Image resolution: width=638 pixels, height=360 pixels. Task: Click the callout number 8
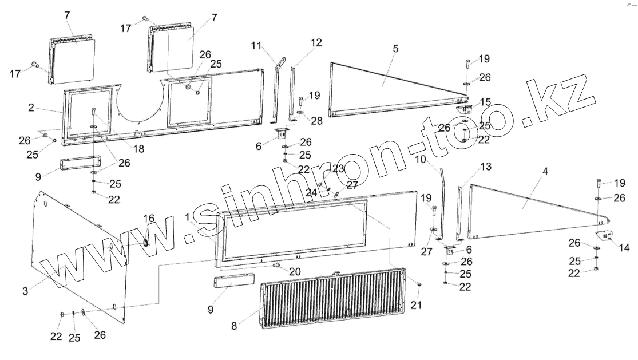tap(233, 326)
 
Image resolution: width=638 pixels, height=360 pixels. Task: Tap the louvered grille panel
tap(332, 298)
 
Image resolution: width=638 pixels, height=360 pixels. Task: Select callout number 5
tap(395, 49)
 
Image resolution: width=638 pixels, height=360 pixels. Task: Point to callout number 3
tap(25, 291)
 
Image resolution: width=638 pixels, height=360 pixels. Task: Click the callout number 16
tap(149, 218)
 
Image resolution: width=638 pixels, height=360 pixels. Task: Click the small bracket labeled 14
tap(604, 236)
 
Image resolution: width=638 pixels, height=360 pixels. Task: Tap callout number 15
tap(485, 102)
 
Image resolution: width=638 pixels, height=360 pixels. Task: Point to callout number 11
tap(256, 45)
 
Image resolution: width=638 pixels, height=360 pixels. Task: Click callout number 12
tap(316, 42)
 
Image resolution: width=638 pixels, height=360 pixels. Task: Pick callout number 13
tap(485, 167)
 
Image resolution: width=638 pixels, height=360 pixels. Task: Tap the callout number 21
tap(415, 305)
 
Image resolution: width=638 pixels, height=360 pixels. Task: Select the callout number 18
tap(138, 149)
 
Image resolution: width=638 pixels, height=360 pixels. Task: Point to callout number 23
tap(338, 169)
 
